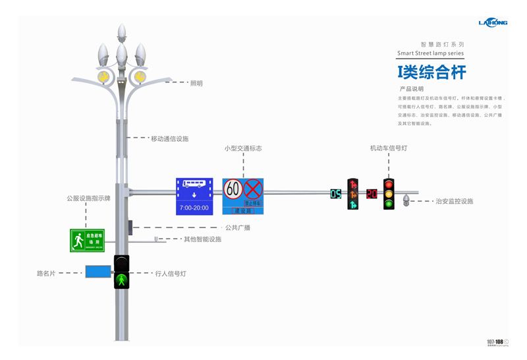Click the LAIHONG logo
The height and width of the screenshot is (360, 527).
coord(493,22)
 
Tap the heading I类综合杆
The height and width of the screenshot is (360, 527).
coord(431,72)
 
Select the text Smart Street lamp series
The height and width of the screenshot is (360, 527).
coord(430,53)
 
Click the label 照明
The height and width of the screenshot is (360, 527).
coord(196,84)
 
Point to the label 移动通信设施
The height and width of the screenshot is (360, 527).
coord(169,139)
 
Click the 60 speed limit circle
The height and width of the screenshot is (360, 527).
coord(233,189)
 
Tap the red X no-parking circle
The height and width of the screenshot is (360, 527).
coord(253,189)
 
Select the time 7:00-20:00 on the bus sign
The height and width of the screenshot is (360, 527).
coord(194,208)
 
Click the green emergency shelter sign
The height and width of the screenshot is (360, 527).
coord(87,241)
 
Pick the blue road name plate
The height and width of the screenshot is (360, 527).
coord(98,271)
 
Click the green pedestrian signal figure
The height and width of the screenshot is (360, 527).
coord(121,280)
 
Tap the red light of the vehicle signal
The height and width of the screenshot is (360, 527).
coord(389,184)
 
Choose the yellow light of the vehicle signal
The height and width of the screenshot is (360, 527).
coord(389,194)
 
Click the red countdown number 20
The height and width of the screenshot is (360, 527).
coord(372,194)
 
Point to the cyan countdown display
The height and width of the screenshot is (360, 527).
coord(336,194)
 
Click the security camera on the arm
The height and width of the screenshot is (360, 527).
coord(406,200)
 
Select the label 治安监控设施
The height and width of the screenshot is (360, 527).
coord(455,201)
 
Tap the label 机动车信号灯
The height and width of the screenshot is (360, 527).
coord(388,148)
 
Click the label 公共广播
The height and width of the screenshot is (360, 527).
coord(238,227)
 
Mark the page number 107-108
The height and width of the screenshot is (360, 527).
coord(495,342)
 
